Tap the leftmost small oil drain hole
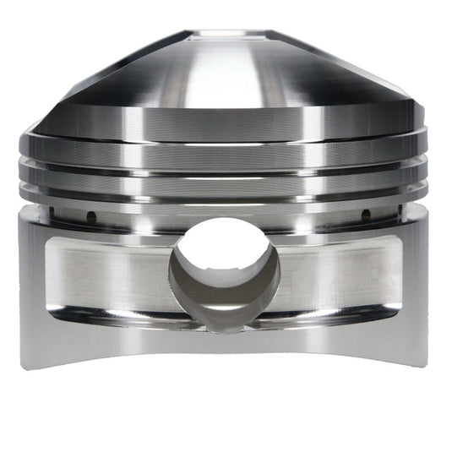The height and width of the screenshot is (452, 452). (x=90, y=215)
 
